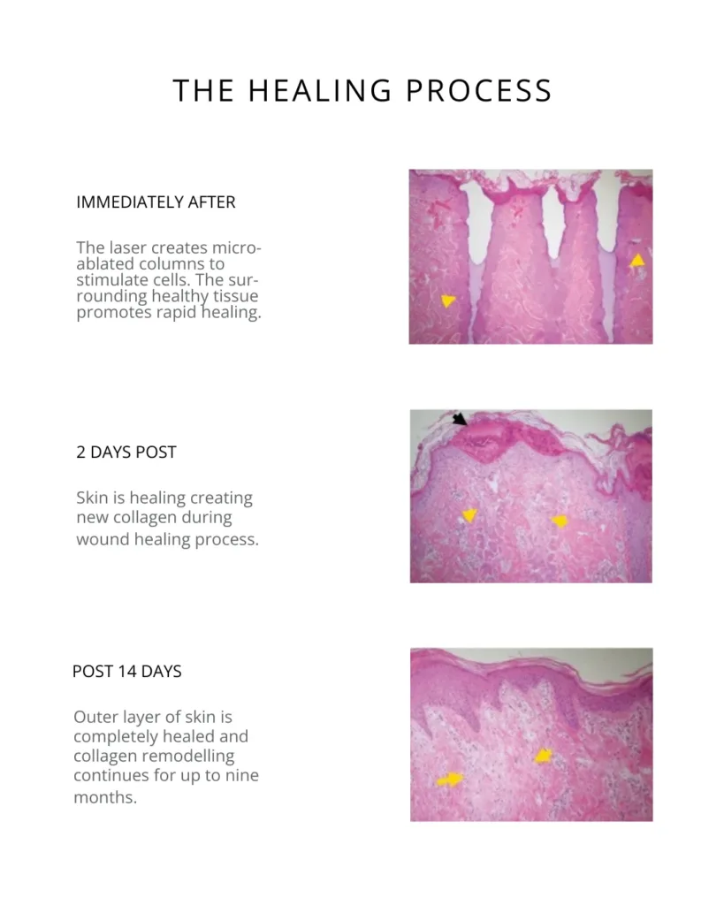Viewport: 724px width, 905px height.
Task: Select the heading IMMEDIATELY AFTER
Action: (156, 202)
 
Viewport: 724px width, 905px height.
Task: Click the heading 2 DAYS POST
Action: (126, 452)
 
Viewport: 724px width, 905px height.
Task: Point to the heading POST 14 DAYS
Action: (126, 672)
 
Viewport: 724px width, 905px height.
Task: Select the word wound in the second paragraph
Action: (101, 539)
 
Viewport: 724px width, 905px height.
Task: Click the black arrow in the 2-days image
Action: (460, 419)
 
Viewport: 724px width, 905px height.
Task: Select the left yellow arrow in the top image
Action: (448, 301)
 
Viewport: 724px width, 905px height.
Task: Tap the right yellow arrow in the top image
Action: (636, 261)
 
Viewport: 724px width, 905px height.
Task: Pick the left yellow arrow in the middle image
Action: (469, 515)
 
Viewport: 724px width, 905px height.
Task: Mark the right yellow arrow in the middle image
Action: (560, 521)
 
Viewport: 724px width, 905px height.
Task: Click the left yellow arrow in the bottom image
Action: (450, 779)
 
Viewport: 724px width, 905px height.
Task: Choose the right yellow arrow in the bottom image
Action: (543, 756)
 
